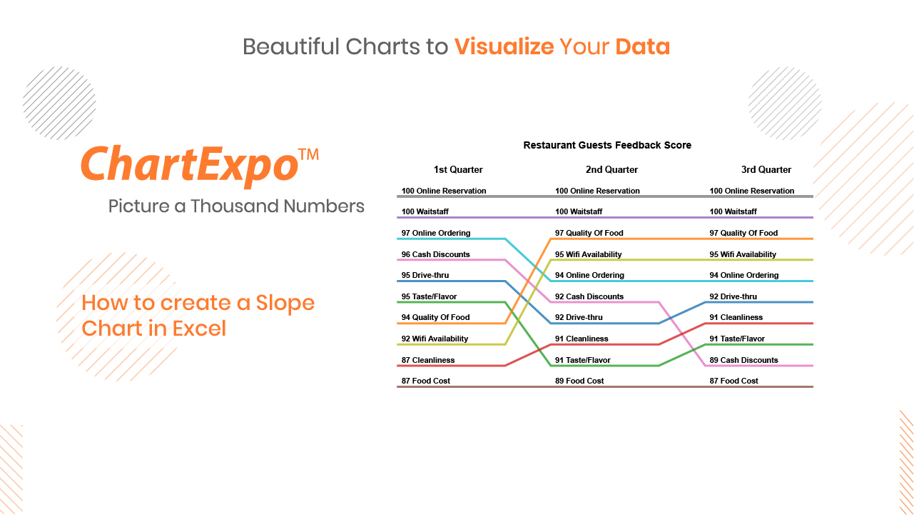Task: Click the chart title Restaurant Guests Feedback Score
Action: (x=607, y=145)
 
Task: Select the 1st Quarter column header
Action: (x=458, y=169)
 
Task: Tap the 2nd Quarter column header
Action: (x=611, y=169)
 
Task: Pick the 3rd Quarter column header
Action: (x=766, y=169)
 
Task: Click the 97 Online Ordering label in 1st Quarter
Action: (x=436, y=233)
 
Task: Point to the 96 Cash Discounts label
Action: (x=435, y=254)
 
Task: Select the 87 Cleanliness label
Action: (x=427, y=360)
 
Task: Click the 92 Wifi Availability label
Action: (x=435, y=339)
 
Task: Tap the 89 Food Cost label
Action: (x=579, y=381)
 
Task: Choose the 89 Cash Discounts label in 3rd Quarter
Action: (x=743, y=360)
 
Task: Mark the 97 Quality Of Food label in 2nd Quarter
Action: (x=589, y=233)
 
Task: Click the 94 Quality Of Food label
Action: (x=435, y=317)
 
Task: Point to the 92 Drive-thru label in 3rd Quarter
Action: (x=733, y=296)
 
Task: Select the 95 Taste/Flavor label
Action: (x=429, y=296)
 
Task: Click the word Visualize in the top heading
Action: (x=504, y=46)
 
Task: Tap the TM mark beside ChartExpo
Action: (x=308, y=154)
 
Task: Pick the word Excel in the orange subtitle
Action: (x=199, y=328)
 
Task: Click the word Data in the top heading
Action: (x=643, y=46)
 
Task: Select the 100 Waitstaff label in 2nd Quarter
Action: (x=579, y=211)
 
